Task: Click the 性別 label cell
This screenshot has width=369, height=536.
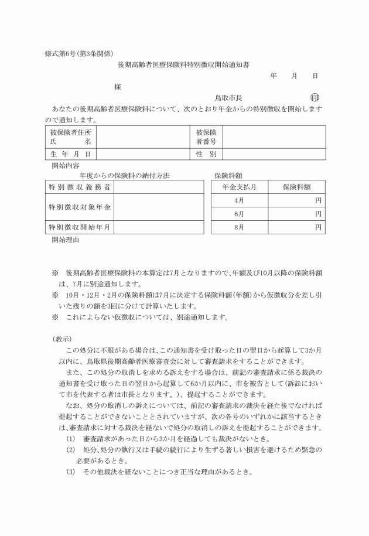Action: coord(206,154)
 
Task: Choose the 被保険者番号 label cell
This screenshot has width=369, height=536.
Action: coord(206,137)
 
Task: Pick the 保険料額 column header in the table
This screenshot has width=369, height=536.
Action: coord(296,187)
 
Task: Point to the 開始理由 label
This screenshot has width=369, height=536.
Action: coord(65,240)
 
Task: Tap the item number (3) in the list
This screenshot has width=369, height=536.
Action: coord(70,472)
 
